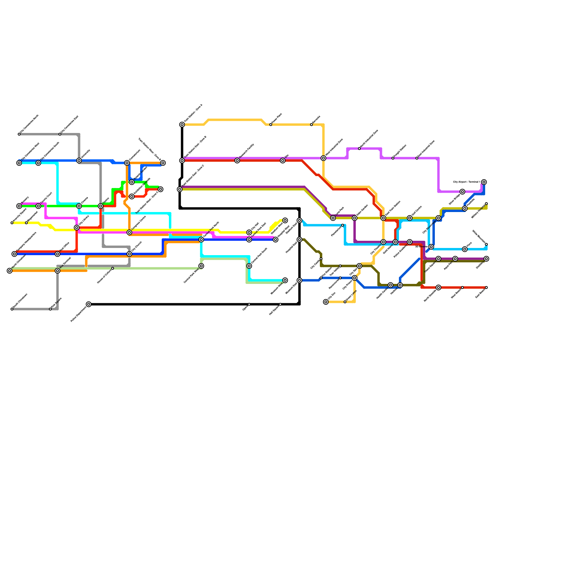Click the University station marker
click(x=79, y=161)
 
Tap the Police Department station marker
click(x=89, y=304)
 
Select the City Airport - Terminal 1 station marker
click(x=484, y=182)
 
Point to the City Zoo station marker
click(x=326, y=302)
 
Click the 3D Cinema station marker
click(x=431, y=247)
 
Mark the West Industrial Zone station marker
click(x=323, y=158)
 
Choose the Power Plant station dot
click(x=271, y=125)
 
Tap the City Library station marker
click(x=77, y=227)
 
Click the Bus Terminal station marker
click(x=57, y=271)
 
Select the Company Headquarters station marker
click(x=14, y=254)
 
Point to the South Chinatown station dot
click(x=12, y=309)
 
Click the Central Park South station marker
click(x=249, y=266)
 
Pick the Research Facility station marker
click(x=237, y=161)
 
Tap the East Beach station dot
click(x=486, y=287)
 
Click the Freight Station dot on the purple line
click(x=393, y=158)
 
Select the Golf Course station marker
click(x=410, y=218)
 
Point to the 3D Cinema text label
click(x=421, y=247)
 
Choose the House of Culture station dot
click(x=112, y=268)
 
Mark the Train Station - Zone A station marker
click(x=182, y=125)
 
